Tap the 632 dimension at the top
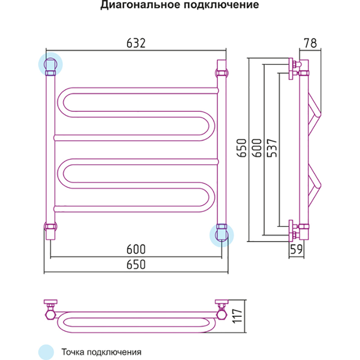click(136, 43)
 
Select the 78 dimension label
click(310, 43)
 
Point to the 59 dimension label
click(295, 249)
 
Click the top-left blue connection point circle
click(49, 65)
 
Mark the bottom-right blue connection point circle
click(221, 234)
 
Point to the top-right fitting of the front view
click(221, 72)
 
